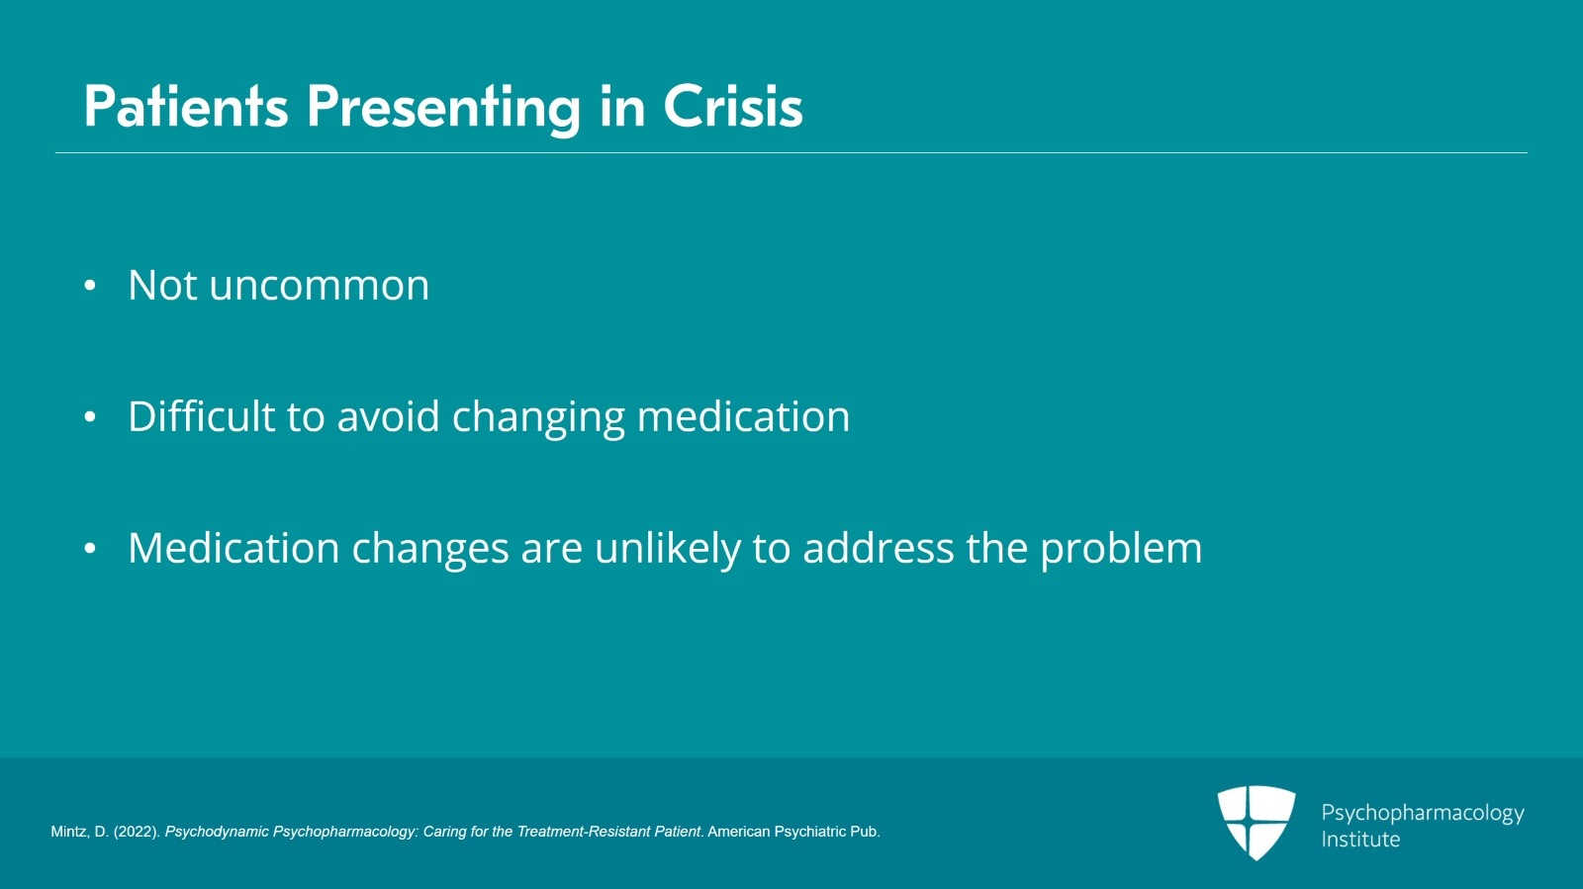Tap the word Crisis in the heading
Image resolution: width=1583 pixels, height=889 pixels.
pyautogui.click(x=733, y=107)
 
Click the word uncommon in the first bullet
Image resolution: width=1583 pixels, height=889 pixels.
pyautogui.click(x=319, y=285)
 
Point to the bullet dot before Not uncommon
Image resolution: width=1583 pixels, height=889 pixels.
pyautogui.click(x=90, y=285)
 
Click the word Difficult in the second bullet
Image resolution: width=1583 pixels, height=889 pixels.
pyautogui.click(x=201, y=415)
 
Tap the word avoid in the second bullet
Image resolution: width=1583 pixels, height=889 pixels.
pyautogui.click(x=388, y=415)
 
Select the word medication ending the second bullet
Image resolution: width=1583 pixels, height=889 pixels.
pyautogui.click(x=743, y=415)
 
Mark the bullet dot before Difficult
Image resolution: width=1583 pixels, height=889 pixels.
pyautogui.click(x=90, y=416)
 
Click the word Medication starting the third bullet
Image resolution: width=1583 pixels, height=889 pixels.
pyautogui.click(x=233, y=547)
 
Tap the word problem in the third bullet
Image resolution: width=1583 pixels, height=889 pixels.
pyautogui.click(x=1121, y=549)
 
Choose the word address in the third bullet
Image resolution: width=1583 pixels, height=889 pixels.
pyautogui.click(x=879, y=547)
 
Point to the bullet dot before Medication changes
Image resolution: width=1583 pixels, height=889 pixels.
pyautogui.click(x=90, y=548)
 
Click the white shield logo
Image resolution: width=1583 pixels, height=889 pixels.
pyautogui.click(x=1257, y=823)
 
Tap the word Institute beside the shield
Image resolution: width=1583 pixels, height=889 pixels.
pyautogui.click(x=1360, y=839)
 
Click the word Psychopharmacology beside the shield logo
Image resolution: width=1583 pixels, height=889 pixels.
pyautogui.click(x=1423, y=814)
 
